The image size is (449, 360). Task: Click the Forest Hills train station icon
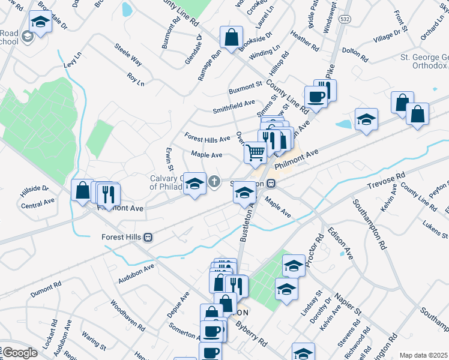pos(148,238)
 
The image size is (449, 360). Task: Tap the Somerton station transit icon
pos(271,183)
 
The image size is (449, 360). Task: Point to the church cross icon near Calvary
pos(215,181)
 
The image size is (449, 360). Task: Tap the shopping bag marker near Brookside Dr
pos(231,37)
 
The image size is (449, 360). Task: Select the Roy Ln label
pos(136,79)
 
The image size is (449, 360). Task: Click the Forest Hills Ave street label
pos(207,139)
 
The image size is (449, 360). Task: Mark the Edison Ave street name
pos(340,242)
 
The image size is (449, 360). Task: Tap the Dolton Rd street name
pos(354,55)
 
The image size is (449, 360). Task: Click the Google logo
pos(19,353)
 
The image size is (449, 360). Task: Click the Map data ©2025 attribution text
pos(423,355)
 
